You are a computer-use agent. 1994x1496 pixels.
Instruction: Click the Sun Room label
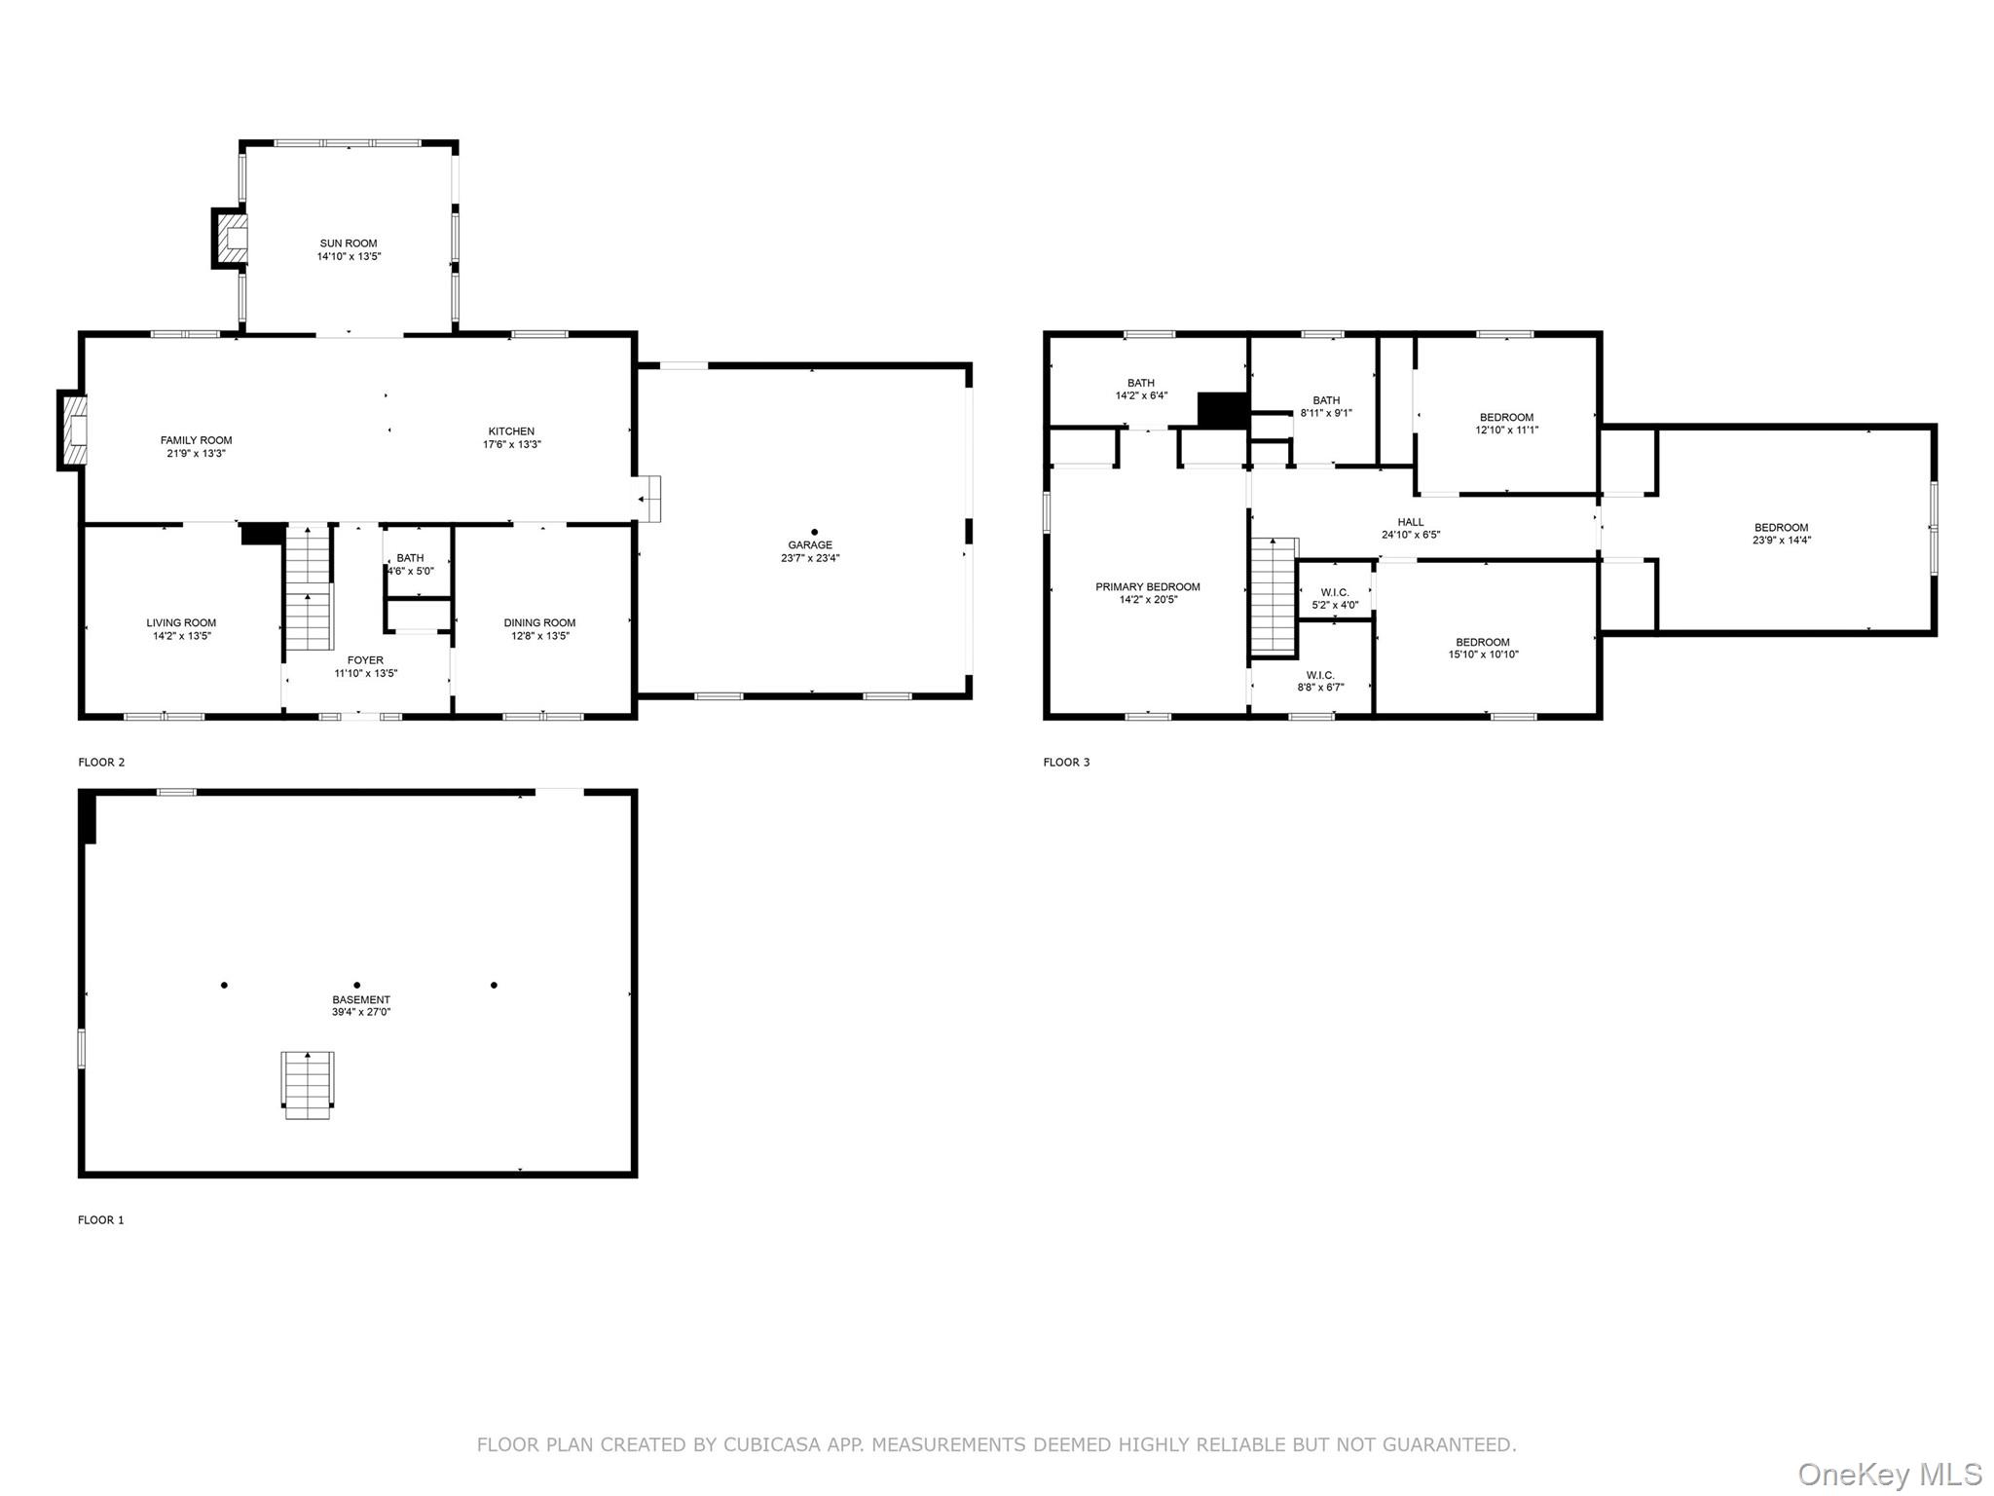(349, 243)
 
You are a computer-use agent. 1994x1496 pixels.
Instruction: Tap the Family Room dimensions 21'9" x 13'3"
(196, 454)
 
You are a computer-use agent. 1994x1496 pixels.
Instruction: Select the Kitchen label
(511, 431)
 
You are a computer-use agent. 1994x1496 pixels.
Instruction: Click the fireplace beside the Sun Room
(230, 237)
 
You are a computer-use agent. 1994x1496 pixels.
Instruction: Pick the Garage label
(810, 545)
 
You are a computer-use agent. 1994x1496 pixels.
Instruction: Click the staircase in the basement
(309, 1085)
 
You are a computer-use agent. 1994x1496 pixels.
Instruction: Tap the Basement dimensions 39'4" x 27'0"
(361, 1012)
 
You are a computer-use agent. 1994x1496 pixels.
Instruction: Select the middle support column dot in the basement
(357, 986)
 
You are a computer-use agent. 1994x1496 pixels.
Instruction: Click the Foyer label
(366, 660)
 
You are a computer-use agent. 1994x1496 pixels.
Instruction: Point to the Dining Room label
(539, 623)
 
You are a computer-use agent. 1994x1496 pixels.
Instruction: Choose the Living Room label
(181, 623)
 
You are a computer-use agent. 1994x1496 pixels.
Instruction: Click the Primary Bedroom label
(1148, 587)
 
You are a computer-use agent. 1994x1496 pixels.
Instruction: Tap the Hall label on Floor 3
(1411, 522)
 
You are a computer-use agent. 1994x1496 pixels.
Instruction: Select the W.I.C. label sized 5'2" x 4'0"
(1335, 592)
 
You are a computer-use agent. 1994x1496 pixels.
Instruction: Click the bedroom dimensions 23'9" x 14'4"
(1782, 541)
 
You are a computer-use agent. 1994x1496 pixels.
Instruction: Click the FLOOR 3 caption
(1066, 763)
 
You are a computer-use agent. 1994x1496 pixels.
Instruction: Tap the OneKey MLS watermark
(1890, 1475)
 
